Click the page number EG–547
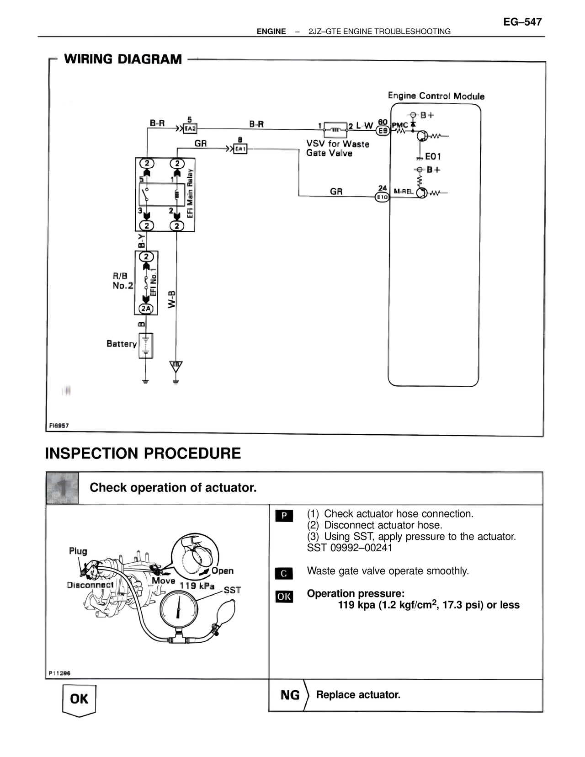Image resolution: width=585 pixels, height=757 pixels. coord(522,22)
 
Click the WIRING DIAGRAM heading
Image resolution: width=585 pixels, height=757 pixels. coord(123,59)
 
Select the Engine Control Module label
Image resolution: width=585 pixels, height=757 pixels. coord(436,96)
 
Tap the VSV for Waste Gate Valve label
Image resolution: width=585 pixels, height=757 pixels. coord(337,149)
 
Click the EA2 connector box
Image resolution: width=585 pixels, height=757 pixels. coord(190,129)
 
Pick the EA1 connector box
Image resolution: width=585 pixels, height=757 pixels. coord(240,149)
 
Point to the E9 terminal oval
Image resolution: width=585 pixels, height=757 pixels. coord(383,131)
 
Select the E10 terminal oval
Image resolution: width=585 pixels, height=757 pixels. coord(382,197)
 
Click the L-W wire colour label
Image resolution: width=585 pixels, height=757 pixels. coord(365,125)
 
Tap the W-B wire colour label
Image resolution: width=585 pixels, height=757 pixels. coord(172,299)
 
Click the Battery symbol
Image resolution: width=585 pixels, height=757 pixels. coord(146,345)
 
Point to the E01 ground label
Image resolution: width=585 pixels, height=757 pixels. coord(433,156)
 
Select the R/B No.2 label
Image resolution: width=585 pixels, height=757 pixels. coord(122,281)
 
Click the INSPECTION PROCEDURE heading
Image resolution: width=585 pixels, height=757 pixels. coord(143,453)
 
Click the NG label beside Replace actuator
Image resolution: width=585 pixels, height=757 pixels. coord(290,695)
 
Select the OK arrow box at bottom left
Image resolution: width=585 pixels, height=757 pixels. coord(79,699)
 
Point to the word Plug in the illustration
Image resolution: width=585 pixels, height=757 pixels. coord(78,551)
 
